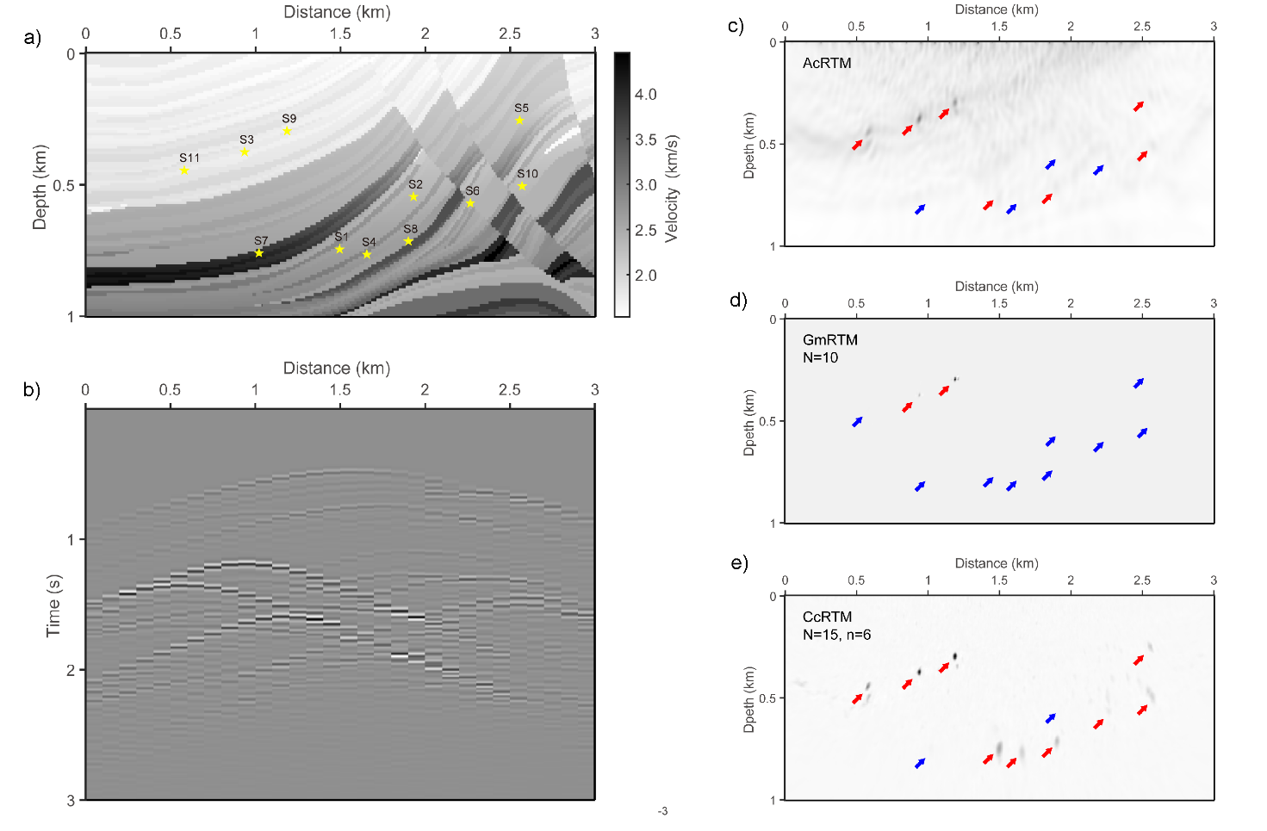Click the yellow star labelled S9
(287, 131)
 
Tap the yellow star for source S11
(184, 170)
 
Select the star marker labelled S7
(259, 252)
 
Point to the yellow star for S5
(519, 121)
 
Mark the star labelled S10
(522, 185)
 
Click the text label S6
(472, 190)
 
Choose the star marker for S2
(413, 196)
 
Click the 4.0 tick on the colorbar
(645, 95)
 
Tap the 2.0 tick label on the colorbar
(645, 276)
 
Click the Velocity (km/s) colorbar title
(672, 188)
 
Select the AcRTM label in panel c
(827, 63)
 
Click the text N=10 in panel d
(820, 357)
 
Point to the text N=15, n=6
(836, 635)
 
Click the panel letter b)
(32, 389)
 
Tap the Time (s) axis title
(53, 605)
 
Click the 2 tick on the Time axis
(71, 670)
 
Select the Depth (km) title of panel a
(40, 188)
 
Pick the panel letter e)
(738, 562)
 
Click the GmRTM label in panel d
(829, 340)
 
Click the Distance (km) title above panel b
(337, 369)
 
